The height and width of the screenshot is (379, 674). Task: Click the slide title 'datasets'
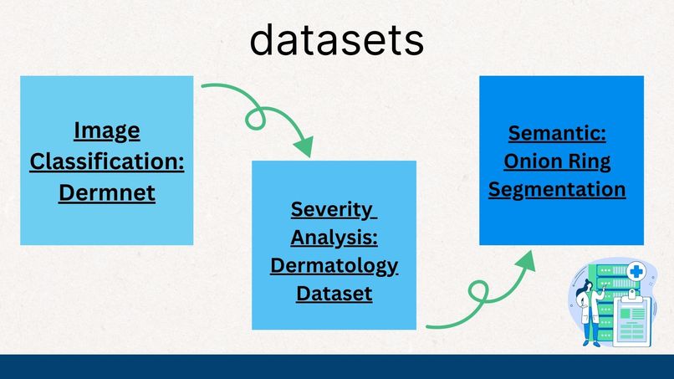(x=336, y=40)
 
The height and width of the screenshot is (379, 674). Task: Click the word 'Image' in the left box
(x=106, y=131)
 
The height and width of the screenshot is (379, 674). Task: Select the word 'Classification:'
(x=106, y=161)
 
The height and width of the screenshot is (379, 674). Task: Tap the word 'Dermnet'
(x=106, y=192)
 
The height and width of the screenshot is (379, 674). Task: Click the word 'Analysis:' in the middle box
(x=334, y=238)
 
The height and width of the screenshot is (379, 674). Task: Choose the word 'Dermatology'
(x=334, y=266)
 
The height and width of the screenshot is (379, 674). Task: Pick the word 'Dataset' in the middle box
(x=334, y=294)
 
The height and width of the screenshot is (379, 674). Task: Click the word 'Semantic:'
(x=557, y=133)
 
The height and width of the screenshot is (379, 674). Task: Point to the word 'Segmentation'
(x=557, y=190)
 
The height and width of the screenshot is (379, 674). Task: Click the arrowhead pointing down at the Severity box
(x=304, y=147)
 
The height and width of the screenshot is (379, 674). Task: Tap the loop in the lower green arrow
(x=479, y=292)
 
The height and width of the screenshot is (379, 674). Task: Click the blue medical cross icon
(x=636, y=271)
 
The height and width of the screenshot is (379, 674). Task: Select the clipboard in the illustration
(x=631, y=319)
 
